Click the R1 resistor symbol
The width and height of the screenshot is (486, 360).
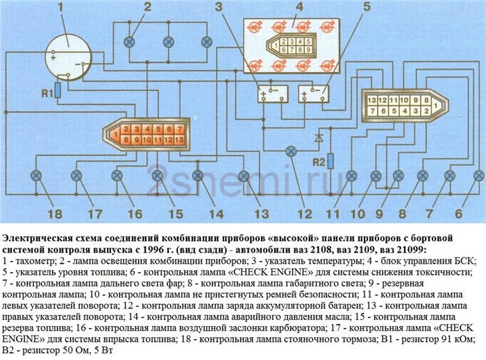point(58,90)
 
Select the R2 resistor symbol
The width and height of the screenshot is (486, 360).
point(330,161)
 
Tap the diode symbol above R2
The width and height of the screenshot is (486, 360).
point(318,138)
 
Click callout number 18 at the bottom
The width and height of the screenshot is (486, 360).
point(55,214)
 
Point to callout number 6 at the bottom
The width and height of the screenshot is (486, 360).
point(458,214)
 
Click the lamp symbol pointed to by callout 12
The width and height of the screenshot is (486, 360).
point(290,152)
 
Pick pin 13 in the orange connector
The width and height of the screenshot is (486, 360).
point(179,139)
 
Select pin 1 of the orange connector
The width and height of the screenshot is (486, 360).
point(115,135)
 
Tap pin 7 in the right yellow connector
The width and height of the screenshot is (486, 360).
point(372,111)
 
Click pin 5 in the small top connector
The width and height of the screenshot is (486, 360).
point(308,41)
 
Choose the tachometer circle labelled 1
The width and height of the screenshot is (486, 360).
point(69,58)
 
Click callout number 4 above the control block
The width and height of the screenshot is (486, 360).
point(299,6)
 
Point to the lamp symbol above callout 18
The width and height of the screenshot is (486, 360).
point(36,176)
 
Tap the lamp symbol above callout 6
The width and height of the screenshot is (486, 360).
point(479,176)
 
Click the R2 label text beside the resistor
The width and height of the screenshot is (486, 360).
point(318,162)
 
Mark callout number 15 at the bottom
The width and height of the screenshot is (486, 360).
point(176,214)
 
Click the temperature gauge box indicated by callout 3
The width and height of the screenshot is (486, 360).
point(273,94)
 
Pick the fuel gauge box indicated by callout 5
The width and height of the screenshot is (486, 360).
point(313,94)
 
